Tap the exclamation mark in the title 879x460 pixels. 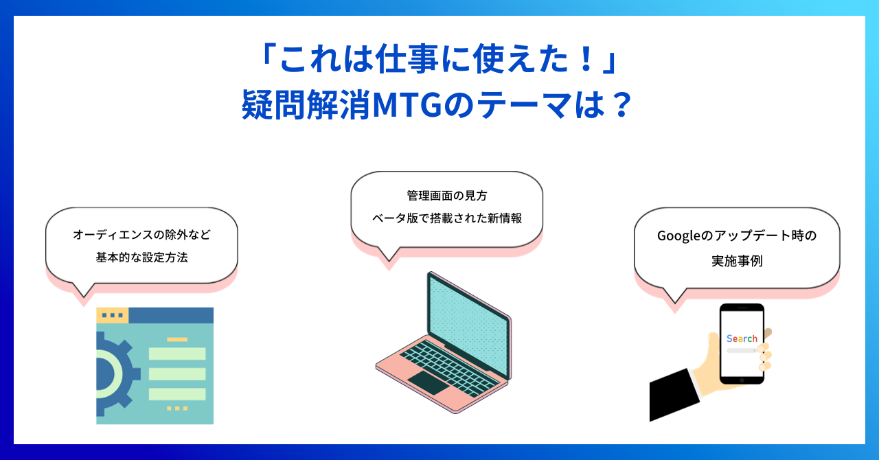tap(587, 59)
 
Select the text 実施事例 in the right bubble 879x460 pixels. tap(737, 261)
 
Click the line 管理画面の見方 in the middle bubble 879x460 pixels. tap(447, 196)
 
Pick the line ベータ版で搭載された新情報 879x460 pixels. tap(447, 218)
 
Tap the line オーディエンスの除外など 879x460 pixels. tap(141, 235)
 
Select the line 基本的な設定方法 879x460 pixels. tap(141, 257)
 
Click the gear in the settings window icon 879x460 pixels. tap(114, 373)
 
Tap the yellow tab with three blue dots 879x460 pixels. tap(112, 315)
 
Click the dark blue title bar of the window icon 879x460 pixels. tap(171, 315)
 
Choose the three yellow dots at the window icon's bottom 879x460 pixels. tap(177, 409)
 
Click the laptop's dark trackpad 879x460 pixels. tap(429, 382)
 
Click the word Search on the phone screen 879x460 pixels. tap(742, 338)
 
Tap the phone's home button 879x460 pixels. tap(742, 380)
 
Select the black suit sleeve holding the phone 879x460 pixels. tap(674, 394)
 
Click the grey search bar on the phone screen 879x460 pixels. tap(741, 351)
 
